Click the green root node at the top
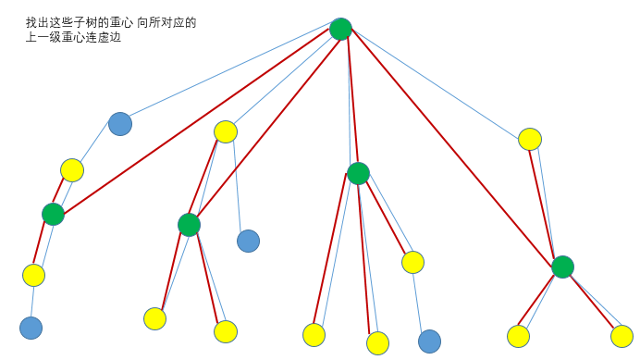340,29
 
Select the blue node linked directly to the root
120,124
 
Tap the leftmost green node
53,215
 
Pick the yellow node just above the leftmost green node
72,170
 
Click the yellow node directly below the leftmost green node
33,275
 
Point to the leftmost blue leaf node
31,328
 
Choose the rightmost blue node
429,341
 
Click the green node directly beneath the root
358,173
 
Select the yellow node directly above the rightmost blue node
412,262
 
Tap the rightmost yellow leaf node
622,336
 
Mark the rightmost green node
562,267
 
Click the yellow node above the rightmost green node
529,140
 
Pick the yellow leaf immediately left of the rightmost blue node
377,343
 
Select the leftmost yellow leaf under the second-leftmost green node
154,318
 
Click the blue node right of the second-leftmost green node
248,241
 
